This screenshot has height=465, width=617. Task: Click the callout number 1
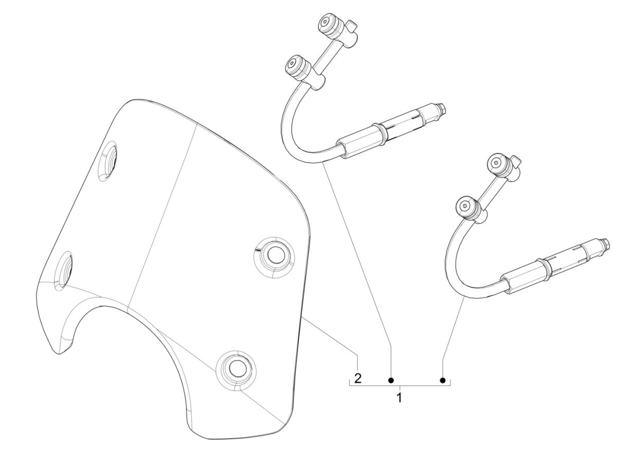coord(399,397)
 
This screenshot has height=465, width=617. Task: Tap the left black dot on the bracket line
coord(391,380)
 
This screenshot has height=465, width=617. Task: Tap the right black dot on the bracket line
coord(443,380)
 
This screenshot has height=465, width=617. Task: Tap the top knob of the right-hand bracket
coord(498,163)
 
